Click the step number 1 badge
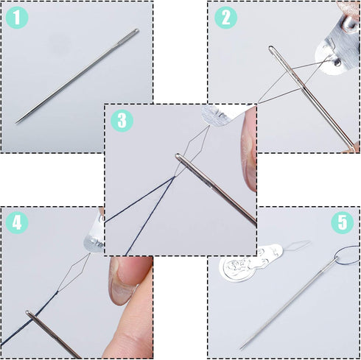(17, 18)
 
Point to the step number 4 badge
(17, 222)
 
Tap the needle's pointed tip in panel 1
(18, 121)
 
